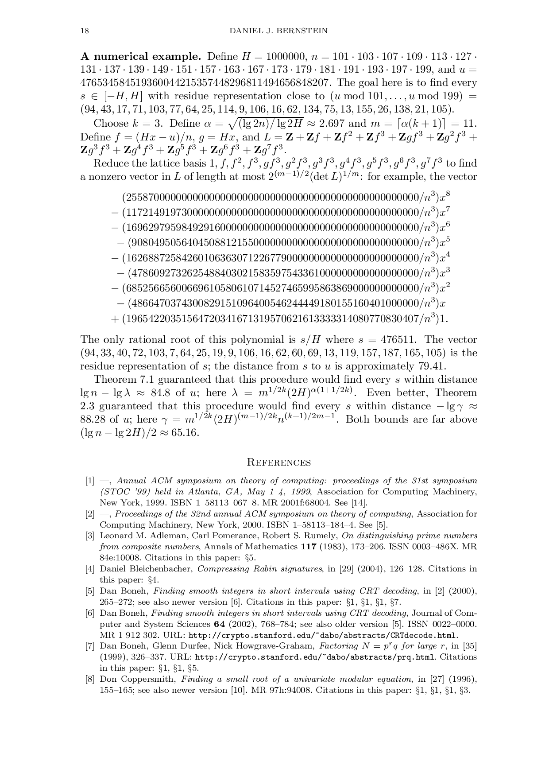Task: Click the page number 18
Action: [84, 31]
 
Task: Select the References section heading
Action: [278, 462]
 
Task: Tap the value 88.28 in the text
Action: [93, 420]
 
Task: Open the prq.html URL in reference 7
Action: [314, 657]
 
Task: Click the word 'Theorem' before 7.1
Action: [115, 380]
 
